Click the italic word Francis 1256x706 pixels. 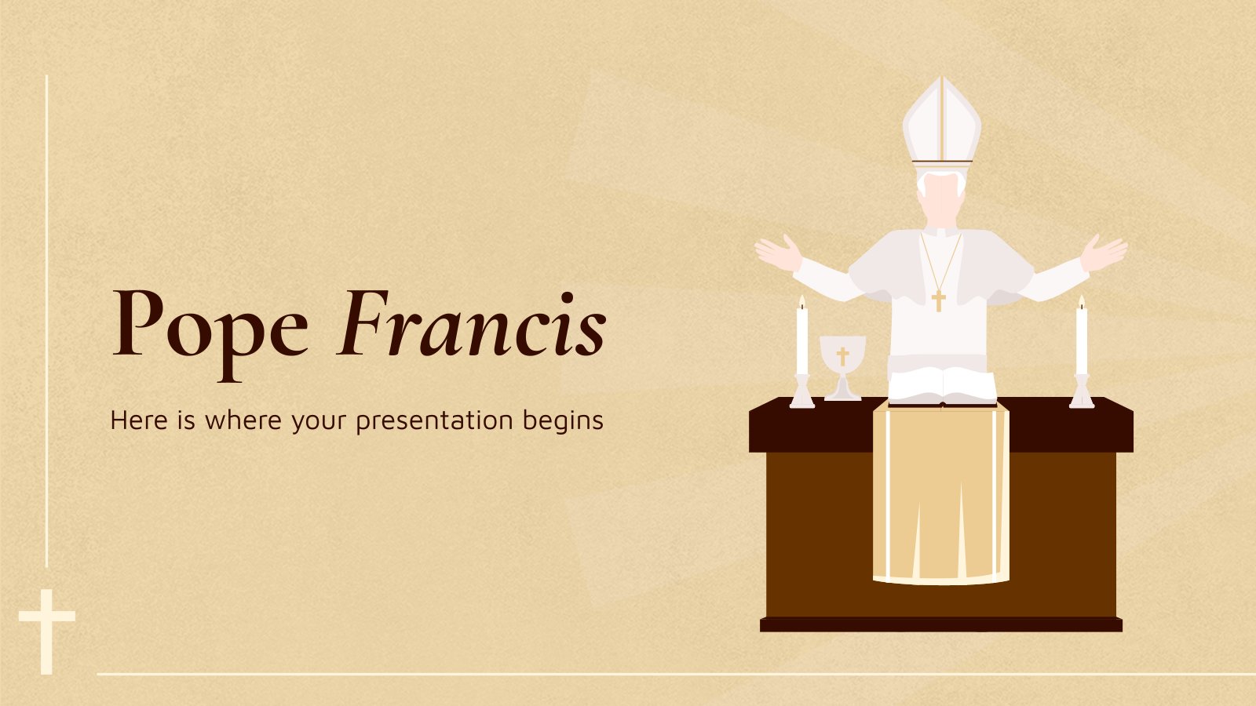click(472, 324)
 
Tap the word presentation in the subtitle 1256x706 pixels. click(435, 421)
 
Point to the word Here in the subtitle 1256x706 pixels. click(139, 420)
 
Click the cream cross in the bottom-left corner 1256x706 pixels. click(46, 631)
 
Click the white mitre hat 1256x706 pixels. click(942, 123)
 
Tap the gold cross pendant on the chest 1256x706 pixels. click(939, 300)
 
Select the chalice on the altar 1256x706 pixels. click(842, 368)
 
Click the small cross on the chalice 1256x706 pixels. click(842, 356)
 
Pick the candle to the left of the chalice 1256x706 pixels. click(802, 352)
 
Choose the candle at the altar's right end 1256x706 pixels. click(1082, 352)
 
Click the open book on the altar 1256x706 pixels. click(942, 388)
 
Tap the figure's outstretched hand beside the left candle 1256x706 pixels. click(780, 253)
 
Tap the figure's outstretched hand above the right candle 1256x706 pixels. click(1104, 253)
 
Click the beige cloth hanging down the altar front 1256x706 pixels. click(941, 493)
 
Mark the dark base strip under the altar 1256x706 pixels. click(941, 624)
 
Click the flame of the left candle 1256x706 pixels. click(802, 302)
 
